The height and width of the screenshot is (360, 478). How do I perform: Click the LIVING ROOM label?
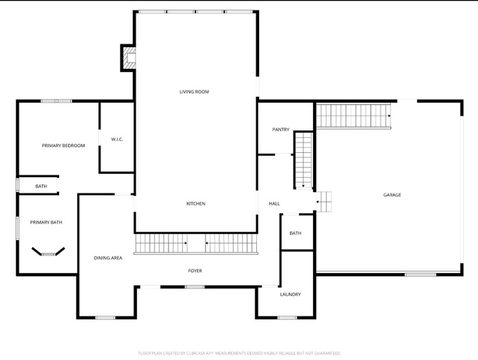(194, 91)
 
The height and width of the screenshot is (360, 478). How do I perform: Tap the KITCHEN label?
(196, 203)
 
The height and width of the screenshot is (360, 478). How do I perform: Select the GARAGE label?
(392, 195)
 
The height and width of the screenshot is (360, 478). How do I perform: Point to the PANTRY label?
(281, 129)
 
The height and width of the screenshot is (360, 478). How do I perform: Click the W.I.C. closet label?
(117, 139)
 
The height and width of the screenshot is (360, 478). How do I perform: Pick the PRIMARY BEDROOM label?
(63, 145)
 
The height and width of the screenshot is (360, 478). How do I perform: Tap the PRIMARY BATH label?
(46, 222)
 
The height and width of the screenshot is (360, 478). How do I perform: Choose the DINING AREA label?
(108, 258)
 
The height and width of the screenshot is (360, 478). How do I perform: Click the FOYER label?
(195, 271)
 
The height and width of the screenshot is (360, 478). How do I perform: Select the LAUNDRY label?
(290, 295)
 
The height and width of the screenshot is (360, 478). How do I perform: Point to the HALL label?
(274, 203)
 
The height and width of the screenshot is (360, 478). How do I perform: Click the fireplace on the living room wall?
(128, 58)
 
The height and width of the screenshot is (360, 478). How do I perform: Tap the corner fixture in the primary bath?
(48, 252)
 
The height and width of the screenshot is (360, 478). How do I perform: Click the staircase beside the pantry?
(304, 160)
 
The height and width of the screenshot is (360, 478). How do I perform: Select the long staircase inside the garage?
(354, 116)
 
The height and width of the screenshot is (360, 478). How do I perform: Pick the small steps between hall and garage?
(324, 202)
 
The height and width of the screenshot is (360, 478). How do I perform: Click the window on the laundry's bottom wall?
(287, 317)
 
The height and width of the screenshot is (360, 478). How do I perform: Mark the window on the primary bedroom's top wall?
(56, 101)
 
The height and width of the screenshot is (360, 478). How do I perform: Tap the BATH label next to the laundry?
(295, 233)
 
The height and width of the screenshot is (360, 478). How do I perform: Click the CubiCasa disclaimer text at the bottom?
(239, 353)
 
